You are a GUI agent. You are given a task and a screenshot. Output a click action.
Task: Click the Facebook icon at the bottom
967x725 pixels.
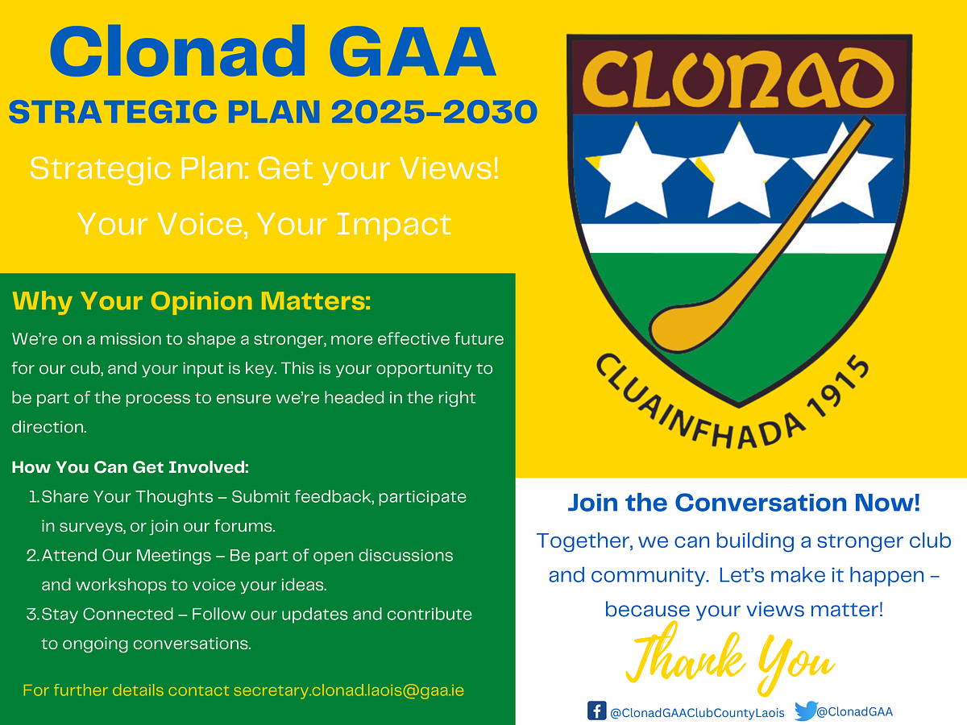point(596,711)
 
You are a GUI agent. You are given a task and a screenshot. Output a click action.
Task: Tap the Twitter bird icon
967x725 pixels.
point(806,711)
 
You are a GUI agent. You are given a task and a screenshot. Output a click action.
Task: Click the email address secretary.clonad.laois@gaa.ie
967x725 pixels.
point(348,690)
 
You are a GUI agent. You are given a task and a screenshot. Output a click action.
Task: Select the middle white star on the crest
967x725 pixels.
point(739,174)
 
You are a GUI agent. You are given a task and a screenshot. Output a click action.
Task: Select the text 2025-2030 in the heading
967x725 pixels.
point(434,112)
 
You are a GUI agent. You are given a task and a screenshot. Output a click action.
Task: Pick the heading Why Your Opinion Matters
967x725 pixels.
point(192,301)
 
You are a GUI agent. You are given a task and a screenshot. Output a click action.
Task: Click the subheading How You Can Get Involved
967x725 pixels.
point(131,467)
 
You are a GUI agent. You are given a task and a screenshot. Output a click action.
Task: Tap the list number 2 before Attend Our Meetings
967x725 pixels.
point(33,556)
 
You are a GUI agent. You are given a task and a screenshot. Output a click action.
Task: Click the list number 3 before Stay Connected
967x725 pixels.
point(33,614)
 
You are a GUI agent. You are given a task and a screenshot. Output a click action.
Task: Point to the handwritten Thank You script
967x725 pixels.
point(730,657)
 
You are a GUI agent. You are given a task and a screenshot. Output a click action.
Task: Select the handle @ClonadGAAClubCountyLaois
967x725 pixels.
point(697,712)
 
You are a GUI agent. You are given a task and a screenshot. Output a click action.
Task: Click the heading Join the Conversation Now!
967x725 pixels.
point(744,503)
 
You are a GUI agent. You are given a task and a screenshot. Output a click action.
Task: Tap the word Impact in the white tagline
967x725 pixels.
point(394,226)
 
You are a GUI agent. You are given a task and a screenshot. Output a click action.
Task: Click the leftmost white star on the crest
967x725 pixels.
point(637,174)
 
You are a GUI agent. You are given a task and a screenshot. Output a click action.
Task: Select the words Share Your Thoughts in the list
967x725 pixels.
point(127,497)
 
